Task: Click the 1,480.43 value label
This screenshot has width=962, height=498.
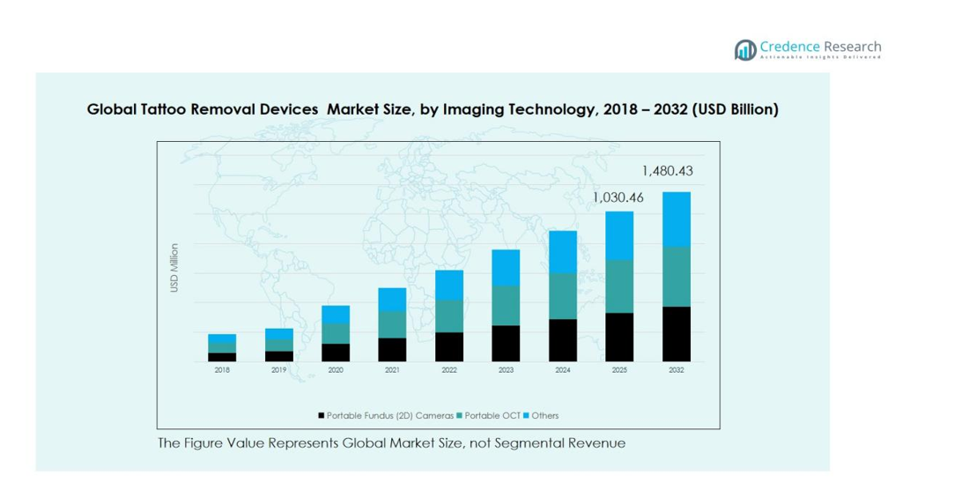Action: click(674, 171)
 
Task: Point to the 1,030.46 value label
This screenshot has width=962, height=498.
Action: click(618, 198)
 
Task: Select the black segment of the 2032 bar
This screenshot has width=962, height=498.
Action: click(676, 333)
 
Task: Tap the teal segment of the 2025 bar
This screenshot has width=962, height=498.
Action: click(619, 286)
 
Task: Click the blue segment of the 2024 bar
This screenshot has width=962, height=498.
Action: click(562, 252)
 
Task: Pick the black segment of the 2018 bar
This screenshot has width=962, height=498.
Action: click(222, 357)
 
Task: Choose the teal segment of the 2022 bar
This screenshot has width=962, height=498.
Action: click(449, 316)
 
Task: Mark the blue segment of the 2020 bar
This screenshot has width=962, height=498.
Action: click(336, 315)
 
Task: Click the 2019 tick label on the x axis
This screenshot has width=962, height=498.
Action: click(278, 371)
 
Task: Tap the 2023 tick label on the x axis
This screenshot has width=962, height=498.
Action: click(506, 371)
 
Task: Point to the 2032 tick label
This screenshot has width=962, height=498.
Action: click(676, 371)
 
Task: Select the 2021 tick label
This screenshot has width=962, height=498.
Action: click(392, 371)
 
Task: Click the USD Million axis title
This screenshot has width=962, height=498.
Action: click(174, 268)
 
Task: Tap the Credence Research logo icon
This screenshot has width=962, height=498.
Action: click(746, 49)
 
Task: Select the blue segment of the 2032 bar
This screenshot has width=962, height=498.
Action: click(676, 219)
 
